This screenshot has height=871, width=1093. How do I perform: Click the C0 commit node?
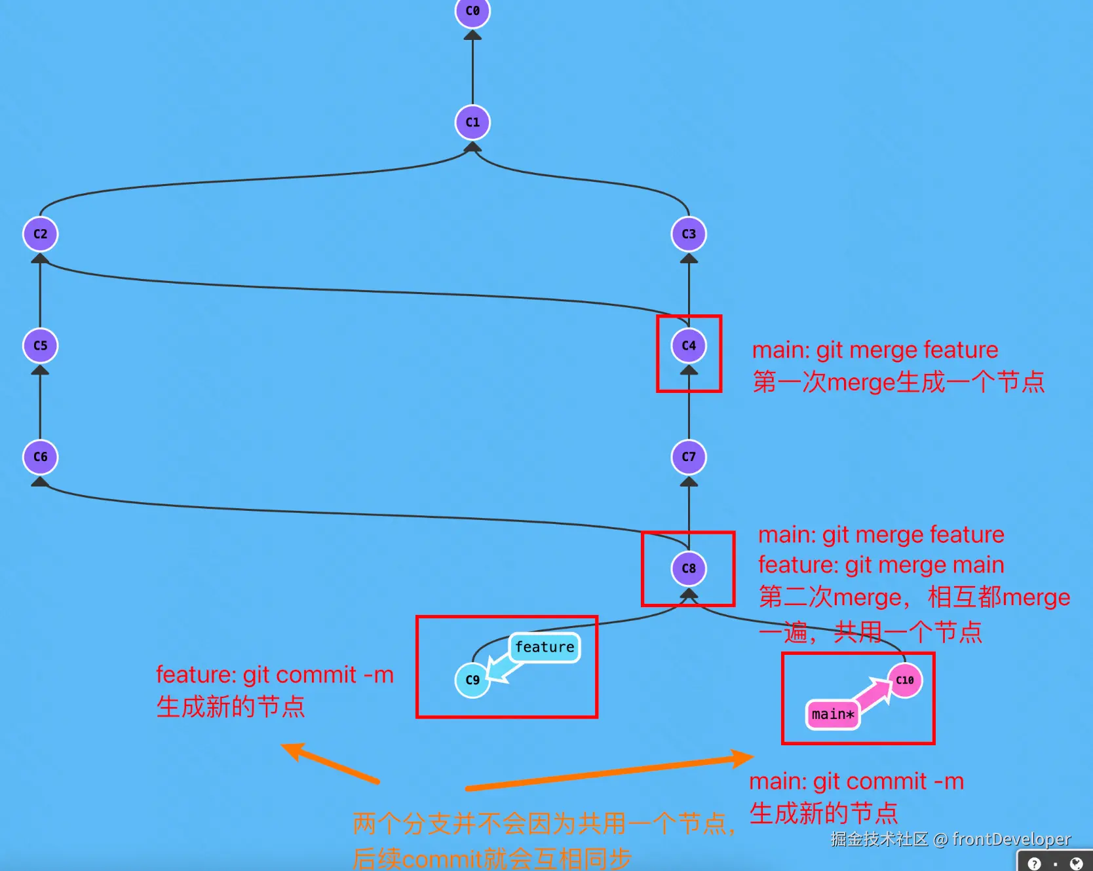[472, 11]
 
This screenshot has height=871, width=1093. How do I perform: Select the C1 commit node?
[472, 122]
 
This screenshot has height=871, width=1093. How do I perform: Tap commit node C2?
[41, 234]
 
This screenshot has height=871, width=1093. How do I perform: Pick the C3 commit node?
[689, 234]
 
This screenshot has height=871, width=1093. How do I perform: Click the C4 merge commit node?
[689, 346]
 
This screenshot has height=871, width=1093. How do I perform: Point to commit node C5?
[41, 346]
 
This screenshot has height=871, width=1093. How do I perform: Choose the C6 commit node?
[41, 457]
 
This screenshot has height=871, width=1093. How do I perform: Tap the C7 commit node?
[689, 457]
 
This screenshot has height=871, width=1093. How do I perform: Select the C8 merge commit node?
[689, 568]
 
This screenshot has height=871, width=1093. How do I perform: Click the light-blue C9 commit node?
[472, 680]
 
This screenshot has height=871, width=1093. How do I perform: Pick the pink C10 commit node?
[905, 680]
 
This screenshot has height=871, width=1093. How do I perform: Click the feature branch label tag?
[545, 648]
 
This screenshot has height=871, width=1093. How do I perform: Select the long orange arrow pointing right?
[609, 773]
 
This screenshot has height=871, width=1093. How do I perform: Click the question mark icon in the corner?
[1034, 864]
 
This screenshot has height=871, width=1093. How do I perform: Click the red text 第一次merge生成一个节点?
[898, 382]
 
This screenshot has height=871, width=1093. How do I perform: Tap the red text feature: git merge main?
[881, 565]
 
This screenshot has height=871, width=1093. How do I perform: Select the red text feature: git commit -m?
[275, 675]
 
